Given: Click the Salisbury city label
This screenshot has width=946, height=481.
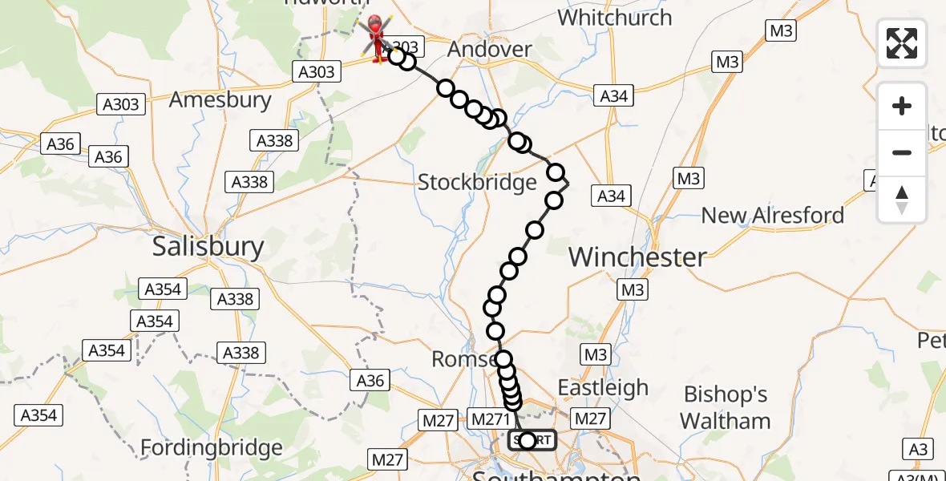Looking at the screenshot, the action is coord(208,247).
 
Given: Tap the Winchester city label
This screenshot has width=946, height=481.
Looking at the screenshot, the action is coord(637,257).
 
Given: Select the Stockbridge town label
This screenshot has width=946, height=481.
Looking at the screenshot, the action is coord(477,183).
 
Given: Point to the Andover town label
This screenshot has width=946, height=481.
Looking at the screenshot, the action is coord(489,50).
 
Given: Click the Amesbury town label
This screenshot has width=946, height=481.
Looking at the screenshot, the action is coord(220,100).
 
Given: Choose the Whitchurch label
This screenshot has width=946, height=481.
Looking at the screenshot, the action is coord(614,18).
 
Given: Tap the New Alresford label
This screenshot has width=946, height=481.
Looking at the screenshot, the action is coord(772,216).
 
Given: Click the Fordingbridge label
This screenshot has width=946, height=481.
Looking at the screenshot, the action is coord(212,447).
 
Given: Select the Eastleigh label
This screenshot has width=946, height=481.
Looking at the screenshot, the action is coord(603,388).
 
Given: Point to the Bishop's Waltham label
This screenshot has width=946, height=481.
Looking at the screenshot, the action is coord(725,407).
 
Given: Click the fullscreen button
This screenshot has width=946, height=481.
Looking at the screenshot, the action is coord(902,43).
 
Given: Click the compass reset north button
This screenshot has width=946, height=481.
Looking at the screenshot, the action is coord(902,200).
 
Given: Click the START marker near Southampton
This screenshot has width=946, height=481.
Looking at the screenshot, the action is coord(532,440).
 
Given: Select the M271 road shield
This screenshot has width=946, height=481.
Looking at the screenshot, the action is coord(490,418).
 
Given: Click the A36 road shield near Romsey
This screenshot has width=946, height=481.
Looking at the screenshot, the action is coord(370,380).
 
